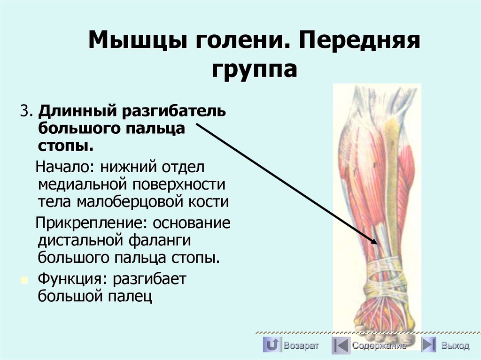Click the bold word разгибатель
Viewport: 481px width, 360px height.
pos(175,113)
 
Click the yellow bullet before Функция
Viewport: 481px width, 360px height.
pos(23,280)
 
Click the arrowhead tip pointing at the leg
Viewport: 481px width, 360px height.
pos(377,243)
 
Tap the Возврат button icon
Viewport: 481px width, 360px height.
pos(272,345)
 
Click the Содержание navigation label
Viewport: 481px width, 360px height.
pos(379,346)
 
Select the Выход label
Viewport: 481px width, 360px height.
pos(455,346)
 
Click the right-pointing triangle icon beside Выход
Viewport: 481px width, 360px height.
pos(428,345)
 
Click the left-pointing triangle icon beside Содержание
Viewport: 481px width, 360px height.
pos(340,346)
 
